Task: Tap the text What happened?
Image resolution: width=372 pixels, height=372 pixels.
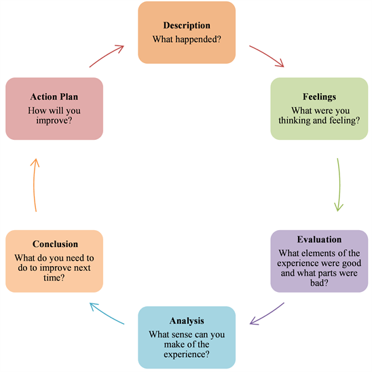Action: [186, 38]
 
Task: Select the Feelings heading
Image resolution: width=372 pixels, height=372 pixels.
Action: [318, 96]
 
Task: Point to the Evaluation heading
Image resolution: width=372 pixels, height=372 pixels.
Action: [319, 240]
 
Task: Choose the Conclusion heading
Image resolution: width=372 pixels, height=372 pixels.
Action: [55, 244]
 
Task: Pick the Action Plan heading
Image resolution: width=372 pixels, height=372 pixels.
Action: [54, 97]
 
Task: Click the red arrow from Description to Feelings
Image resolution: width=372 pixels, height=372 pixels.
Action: [266, 56]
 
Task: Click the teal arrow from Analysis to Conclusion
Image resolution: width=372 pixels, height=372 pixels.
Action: [107, 313]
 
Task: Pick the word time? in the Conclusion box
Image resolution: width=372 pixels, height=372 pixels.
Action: [55, 278]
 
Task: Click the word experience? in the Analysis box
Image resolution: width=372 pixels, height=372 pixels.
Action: [186, 353]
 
